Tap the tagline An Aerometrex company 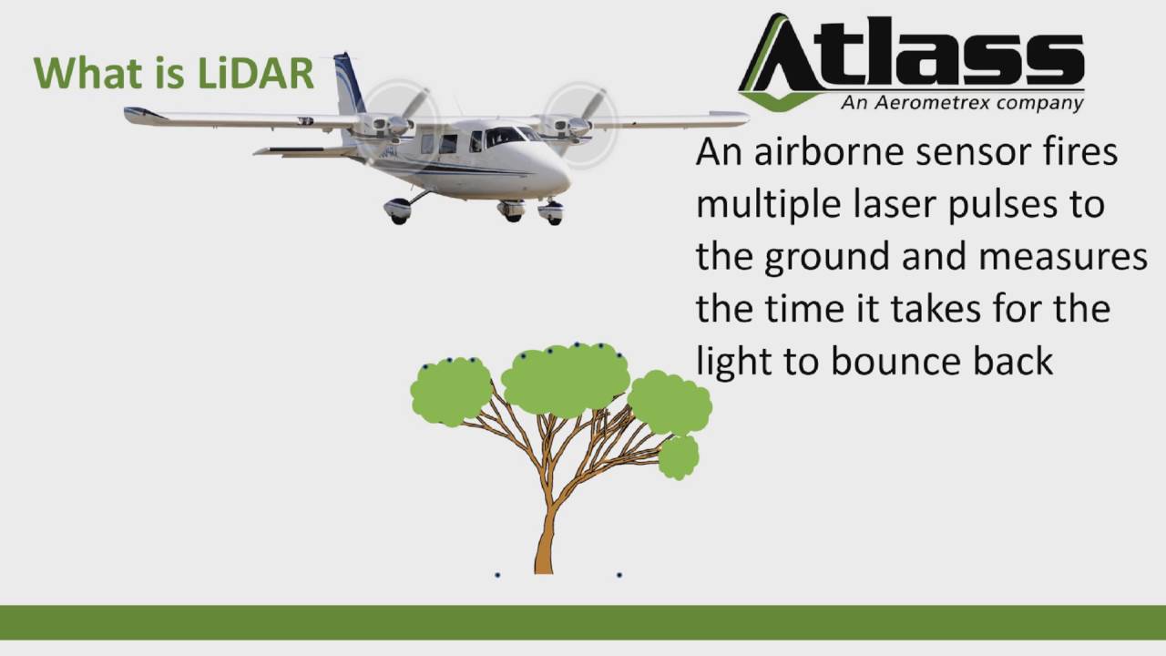click(x=962, y=102)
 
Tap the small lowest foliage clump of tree click(x=679, y=457)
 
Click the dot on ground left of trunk click(x=497, y=575)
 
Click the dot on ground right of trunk click(x=619, y=575)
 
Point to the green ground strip click(x=583, y=621)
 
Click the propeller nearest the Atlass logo click(x=579, y=119)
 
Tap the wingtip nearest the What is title click(x=137, y=114)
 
